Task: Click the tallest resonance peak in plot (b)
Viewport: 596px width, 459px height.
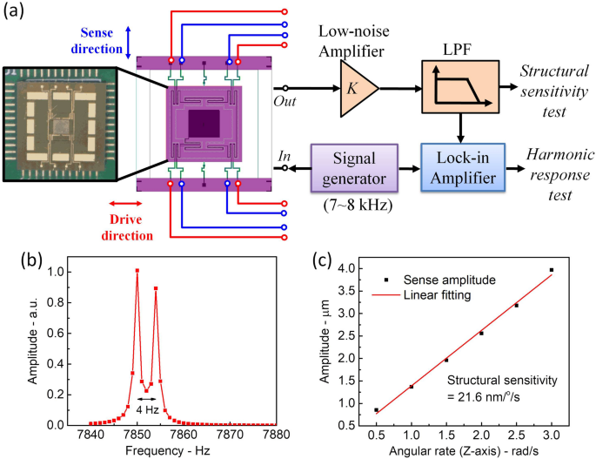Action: tap(137, 271)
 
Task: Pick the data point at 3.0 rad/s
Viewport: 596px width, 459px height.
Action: tap(552, 271)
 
